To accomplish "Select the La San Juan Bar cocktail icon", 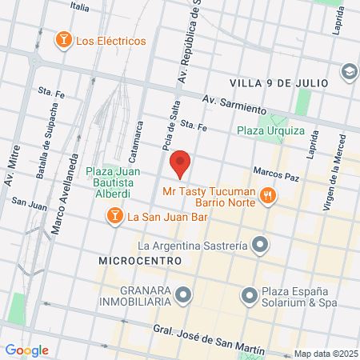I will (x=115, y=216).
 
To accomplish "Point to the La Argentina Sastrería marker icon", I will (x=259, y=245).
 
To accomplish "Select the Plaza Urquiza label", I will (x=270, y=130).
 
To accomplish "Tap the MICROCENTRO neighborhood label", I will (x=135, y=261).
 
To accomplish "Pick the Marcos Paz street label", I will (x=274, y=172).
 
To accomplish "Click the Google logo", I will (x=27, y=350).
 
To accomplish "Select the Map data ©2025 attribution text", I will (x=326, y=354).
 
